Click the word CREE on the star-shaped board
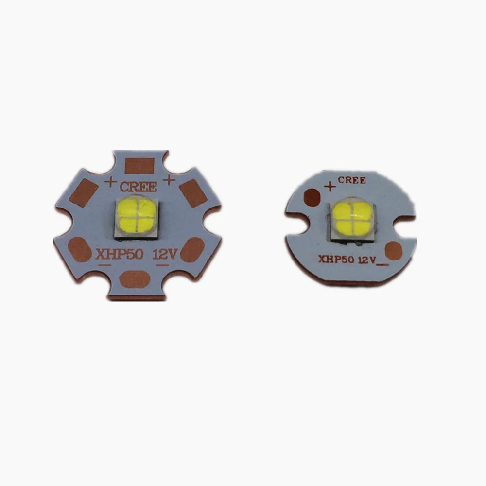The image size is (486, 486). [x=138, y=187]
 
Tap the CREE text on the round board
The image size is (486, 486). [x=352, y=180]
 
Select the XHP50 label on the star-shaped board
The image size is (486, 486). [x=120, y=255]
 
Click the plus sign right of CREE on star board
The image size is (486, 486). [x=168, y=180]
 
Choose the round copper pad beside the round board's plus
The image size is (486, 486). [x=312, y=197]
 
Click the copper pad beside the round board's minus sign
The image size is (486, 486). [x=394, y=251]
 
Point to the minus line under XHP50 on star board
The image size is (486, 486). [x=105, y=265]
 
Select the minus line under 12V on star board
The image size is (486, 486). [x=162, y=265]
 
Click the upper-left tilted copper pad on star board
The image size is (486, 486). [x=83, y=192]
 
